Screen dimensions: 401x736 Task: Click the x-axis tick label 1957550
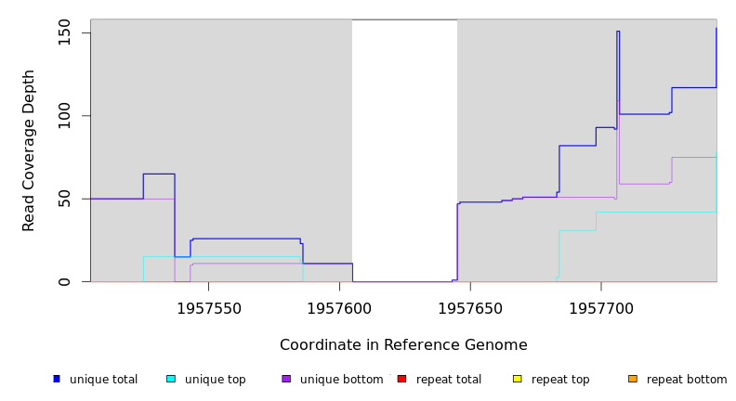pos(209,308)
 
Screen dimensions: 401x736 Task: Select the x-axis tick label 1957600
pos(339,308)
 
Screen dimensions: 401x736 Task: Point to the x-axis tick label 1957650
pos(470,308)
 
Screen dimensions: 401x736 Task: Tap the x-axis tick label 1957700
pos(600,308)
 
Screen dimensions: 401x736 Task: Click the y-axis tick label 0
pos(64,281)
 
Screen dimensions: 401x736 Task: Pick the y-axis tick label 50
pos(64,199)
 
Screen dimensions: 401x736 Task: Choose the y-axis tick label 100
pos(64,116)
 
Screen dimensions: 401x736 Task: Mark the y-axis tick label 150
pos(64,33)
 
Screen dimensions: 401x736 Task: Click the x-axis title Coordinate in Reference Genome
pos(403,345)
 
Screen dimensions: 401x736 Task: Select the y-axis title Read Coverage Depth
pos(30,150)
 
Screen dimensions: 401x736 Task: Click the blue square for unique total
pos(57,379)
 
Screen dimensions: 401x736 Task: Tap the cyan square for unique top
pos(171,379)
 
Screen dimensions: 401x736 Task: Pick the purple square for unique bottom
pos(286,379)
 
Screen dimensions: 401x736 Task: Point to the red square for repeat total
pos(401,379)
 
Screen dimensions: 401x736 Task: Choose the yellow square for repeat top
pos(517,379)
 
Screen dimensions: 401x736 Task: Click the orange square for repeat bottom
pos(632,379)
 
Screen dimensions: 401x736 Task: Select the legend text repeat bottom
pos(687,380)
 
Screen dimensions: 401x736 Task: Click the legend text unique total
pos(103,380)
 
